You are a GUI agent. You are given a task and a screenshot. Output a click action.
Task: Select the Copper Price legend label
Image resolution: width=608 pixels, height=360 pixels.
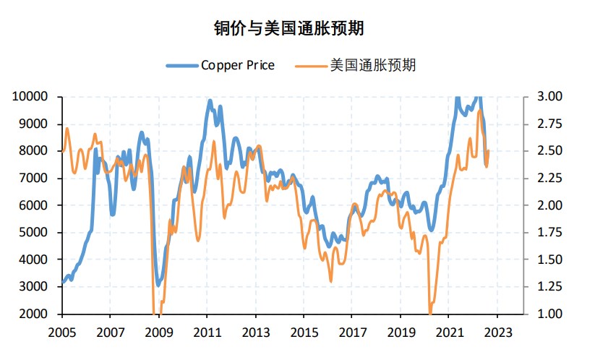[238, 65]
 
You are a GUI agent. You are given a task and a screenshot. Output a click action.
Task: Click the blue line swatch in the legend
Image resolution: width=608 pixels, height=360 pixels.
[181, 66]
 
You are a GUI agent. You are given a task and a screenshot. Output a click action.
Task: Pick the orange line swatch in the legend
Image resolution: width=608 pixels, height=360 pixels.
[310, 66]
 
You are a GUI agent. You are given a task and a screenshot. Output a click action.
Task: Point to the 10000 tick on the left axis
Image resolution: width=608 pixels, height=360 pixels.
[31, 96]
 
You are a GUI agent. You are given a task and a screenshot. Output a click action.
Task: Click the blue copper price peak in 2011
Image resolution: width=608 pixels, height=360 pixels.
[210, 101]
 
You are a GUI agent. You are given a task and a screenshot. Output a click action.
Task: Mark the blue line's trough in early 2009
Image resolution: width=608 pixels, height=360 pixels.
[158, 284]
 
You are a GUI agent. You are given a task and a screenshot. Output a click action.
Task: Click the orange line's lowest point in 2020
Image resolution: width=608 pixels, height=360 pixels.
[430, 312]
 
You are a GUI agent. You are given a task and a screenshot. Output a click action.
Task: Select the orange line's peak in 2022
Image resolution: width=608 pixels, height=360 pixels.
[479, 111]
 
